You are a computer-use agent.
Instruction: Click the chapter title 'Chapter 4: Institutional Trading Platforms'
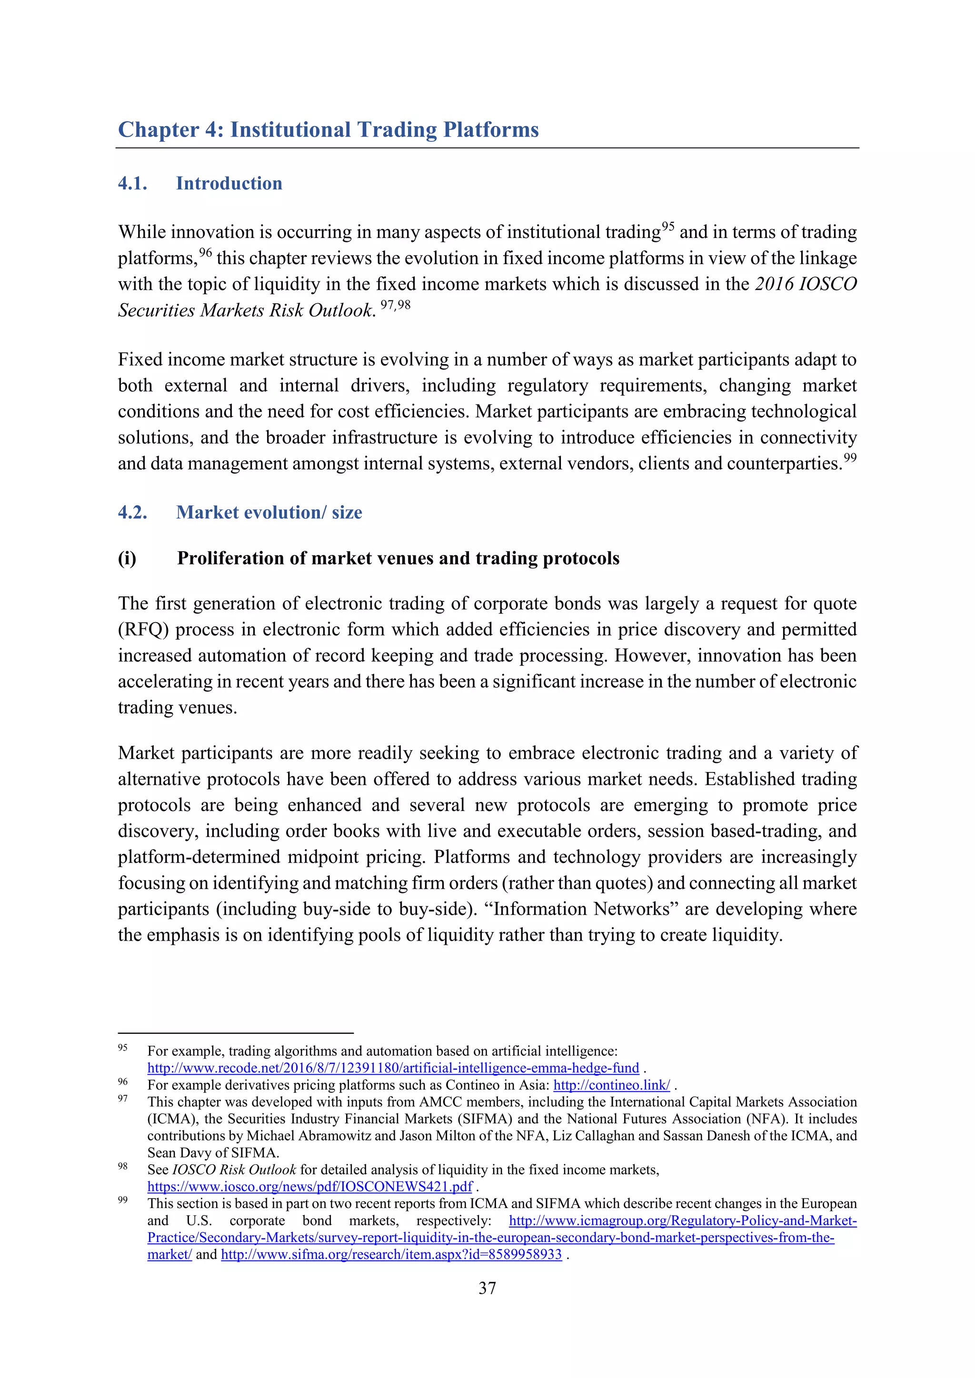(x=328, y=129)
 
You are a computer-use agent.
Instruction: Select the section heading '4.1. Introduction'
(x=200, y=183)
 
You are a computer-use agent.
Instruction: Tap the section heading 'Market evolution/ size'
(x=269, y=512)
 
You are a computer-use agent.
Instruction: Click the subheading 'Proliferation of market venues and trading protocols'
(x=398, y=558)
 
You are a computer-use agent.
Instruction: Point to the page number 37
(x=487, y=1288)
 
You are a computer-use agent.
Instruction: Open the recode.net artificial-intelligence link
(x=393, y=1068)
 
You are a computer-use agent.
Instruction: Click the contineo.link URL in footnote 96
(x=611, y=1085)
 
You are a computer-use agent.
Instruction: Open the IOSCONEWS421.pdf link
(x=310, y=1187)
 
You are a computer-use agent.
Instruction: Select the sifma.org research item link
(x=391, y=1254)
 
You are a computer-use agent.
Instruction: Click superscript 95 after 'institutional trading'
(x=667, y=227)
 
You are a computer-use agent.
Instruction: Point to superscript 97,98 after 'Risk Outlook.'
(x=396, y=305)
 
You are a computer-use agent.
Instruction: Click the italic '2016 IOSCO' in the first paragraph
(x=805, y=284)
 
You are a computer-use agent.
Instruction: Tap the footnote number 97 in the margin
(x=122, y=1098)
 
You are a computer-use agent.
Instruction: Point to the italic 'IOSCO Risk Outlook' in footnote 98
(x=234, y=1170)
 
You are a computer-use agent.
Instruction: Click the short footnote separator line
(x=235, y=1033)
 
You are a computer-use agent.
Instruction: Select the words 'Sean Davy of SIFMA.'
(x=213, y=1153)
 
